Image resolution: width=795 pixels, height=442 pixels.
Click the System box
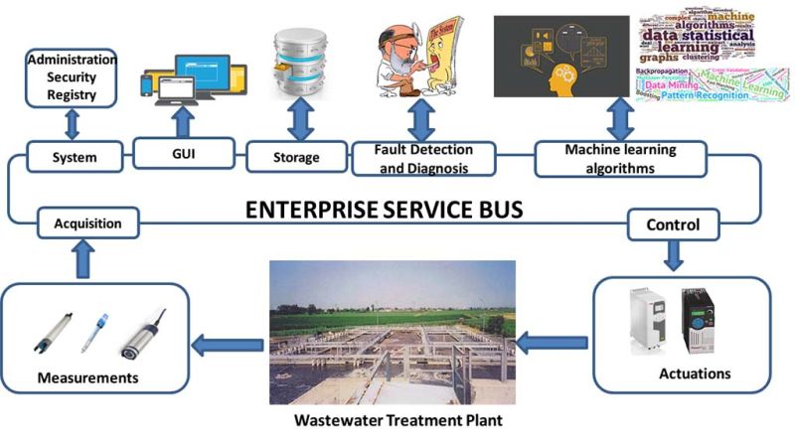pyautogui.click(x=75, y=156)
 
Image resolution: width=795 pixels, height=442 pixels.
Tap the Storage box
pyautogui.click(x=295, y=156)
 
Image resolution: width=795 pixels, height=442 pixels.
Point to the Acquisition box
pyautogui.click(x=87, y=223)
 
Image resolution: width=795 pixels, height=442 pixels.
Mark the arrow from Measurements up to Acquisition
pyautogui.click(x=84, y=260)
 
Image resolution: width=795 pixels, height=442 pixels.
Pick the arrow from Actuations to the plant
pyautogui.click(x=554, y=346)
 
